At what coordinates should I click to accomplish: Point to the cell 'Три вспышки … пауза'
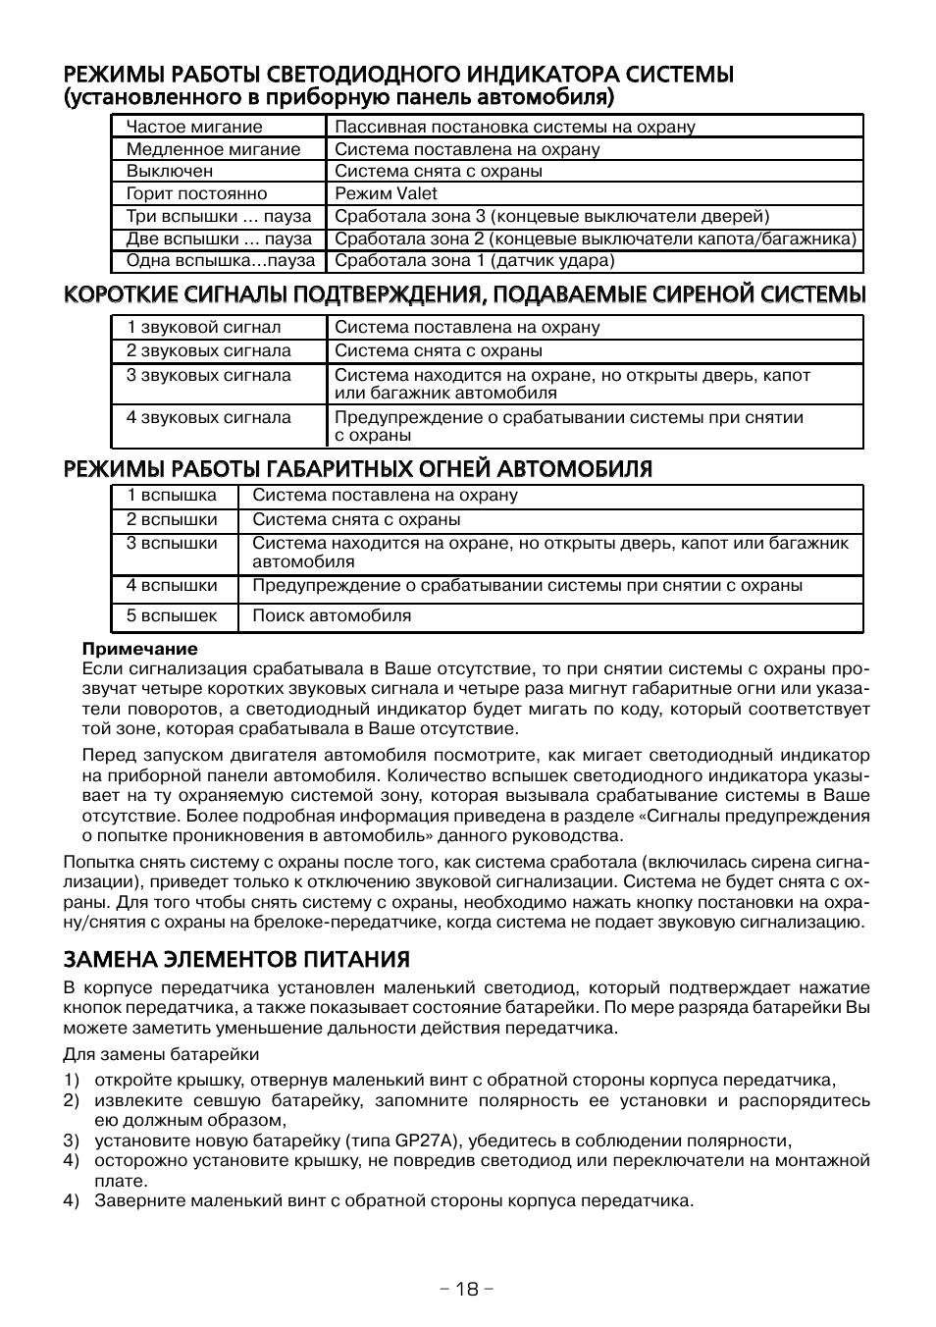click(x=218, y=216)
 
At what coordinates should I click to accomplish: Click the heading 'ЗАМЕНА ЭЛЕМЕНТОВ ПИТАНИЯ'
click(x=236, y=959)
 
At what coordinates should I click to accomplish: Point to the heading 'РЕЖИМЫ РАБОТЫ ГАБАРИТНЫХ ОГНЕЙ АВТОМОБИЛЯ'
click(x=357, y=469)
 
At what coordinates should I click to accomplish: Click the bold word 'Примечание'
click(x=139, y=649)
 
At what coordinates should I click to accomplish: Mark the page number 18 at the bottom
click(x=467, y=1289)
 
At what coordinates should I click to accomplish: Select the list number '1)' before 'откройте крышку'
click(x=71, y=1081)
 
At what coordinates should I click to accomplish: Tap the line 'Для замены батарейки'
click(x=161, y=1055)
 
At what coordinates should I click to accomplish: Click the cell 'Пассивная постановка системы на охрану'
click(x=515, y=127)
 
